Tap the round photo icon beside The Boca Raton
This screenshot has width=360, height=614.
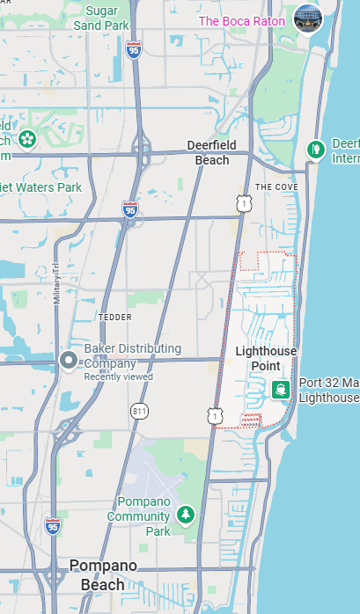pyautogui.click(x=308, y=18)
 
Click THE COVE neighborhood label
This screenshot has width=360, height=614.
pyautogui.click(x=276, y=187)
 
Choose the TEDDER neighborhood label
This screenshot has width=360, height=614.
pyautogui.click(x=114, y=316)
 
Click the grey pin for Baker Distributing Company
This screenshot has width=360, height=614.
pyautogui.click(x=69, y=362)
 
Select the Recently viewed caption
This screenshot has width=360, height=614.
pyautogui.click(x=118, y=376)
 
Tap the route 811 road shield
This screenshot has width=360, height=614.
pyautogui.click(x=139, y=411)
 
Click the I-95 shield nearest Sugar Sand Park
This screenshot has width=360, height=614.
pyautogui.click(x=133, y=48)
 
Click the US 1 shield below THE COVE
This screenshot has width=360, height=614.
pyautogui.click(x=241, y=203)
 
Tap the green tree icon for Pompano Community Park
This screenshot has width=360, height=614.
pyautogui.click(x=185, y=514)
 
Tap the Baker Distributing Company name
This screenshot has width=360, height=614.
pyautogui.click(x=133, y=355)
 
